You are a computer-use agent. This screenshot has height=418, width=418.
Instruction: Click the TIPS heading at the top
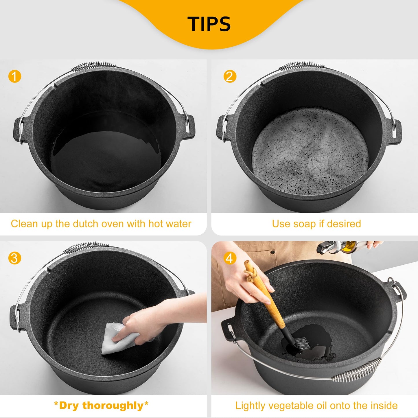coord(209,24)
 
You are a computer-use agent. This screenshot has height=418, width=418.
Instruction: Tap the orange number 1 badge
coord(15,77)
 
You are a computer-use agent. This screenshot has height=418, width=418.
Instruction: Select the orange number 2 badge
coord(230,76)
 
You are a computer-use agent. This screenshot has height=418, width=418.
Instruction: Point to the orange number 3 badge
coord(15,258)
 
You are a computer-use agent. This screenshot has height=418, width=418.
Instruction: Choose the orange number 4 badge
coord(229,258)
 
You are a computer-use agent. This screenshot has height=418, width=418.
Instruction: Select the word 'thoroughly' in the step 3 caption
coord(113,406)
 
